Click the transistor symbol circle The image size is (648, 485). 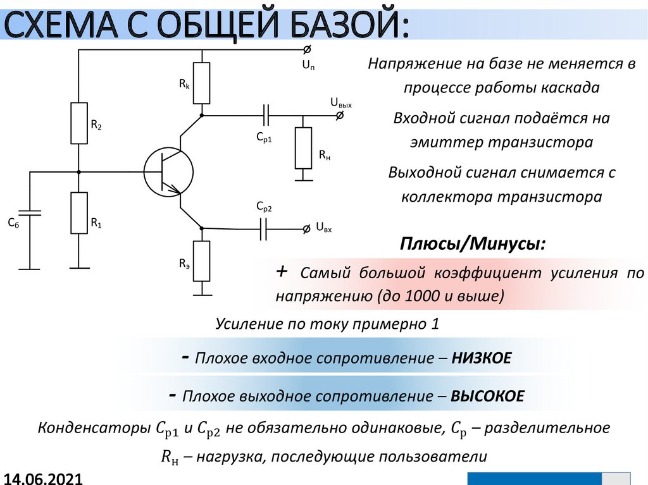point(168,171)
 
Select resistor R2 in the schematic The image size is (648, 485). point(79,123)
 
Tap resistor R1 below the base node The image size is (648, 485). point(79,213)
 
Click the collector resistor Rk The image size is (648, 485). point(201,83)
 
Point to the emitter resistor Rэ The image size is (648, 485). point(201,261)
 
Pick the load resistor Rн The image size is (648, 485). point(304,147)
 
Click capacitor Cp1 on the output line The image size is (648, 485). point(266,115)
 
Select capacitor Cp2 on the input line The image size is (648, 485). point(264,228)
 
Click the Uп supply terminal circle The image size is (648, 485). point(307,49)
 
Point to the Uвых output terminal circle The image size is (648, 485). point(340,115)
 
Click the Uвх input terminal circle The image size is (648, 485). point(307,228)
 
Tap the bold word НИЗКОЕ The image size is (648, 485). point(482,359)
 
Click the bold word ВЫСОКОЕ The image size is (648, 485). point(488,396)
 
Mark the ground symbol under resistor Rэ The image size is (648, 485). point(201,292)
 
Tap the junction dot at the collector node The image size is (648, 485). point(201,115)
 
